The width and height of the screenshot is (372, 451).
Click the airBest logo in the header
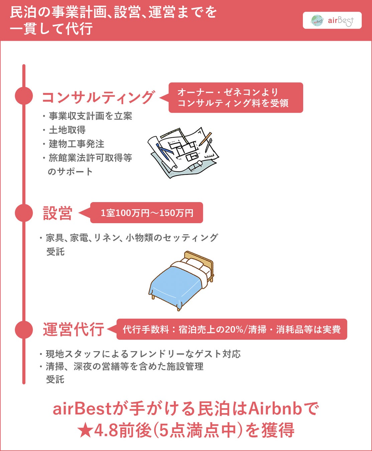point(332,21)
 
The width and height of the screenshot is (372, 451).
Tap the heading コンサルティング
point(98,97)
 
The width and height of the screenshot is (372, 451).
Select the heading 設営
point(57,213)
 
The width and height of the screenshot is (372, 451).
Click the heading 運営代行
point(74,329)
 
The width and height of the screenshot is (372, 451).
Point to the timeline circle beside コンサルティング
point(24,96)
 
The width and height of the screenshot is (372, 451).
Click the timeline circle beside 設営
point(24,212)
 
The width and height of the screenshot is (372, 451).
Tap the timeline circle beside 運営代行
point(24,329)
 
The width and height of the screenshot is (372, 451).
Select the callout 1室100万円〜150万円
point(147,213)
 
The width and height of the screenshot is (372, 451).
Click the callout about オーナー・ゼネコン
point(236,98)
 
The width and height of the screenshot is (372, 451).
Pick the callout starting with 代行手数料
point(232,329)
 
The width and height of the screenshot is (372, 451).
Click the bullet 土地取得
point(67,130)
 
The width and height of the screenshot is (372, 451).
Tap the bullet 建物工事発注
point(77,144)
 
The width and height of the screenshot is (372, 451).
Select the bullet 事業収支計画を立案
point(90,116)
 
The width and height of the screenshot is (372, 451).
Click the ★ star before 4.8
point(85,431)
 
